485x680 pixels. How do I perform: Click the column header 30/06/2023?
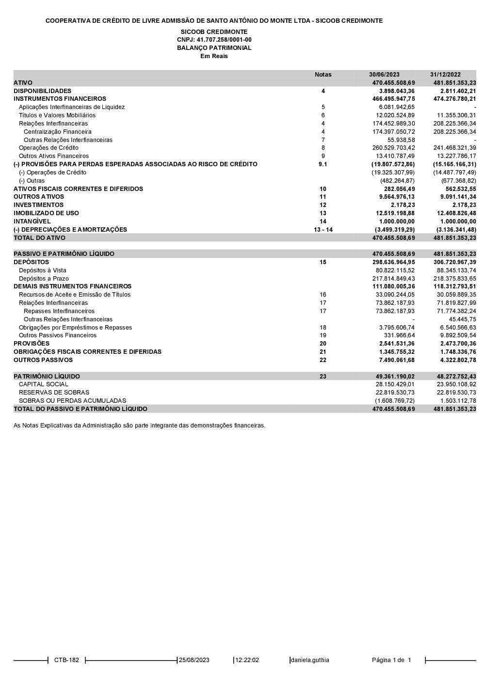pos(384,75)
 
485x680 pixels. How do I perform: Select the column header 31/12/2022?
pos(445,75)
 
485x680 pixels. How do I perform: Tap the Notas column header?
pos(323,75)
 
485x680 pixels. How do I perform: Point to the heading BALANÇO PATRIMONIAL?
pos(214,48)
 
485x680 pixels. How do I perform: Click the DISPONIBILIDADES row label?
pos(42,91)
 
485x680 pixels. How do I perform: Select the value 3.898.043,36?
pos(397,91)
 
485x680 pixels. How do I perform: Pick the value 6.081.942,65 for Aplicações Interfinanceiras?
pos(397,107)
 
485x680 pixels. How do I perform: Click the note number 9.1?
pos(323,164)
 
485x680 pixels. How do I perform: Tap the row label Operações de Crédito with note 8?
pos(48,148)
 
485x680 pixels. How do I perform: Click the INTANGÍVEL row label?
pos(32,221)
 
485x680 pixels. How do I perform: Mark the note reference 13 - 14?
pos(323,230)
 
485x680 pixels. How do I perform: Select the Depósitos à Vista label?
pos(43,270)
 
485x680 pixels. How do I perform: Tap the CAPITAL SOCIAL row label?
pos(44,384)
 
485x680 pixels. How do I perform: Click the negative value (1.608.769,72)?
pos(394,401)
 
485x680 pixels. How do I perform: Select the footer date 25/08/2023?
pos(194,660)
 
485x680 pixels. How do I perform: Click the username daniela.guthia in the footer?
pos(309,660)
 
